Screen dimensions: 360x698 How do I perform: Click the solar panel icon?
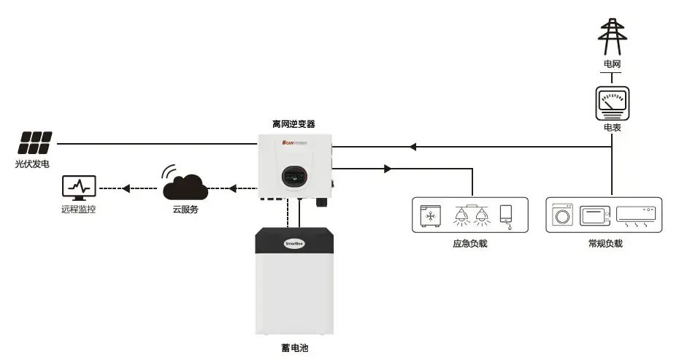click(36, 142)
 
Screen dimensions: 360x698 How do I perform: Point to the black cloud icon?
click(185, 185)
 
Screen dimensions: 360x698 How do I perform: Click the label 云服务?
click(183, 210)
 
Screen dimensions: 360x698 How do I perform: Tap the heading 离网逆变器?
click(294, 124)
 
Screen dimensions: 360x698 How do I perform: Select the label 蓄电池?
click(294, 348)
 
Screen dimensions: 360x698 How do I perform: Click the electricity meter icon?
click(612, 103)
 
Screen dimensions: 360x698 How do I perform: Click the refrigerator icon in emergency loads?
click(430, 215)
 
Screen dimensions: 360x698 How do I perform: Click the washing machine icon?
click(563, 215)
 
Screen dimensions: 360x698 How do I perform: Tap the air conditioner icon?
click(636, 215)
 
